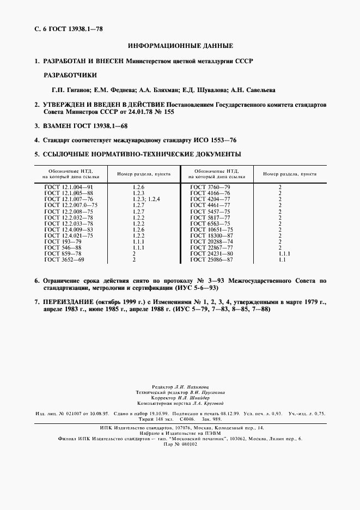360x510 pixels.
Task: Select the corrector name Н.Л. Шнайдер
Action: click(x=192, y=398)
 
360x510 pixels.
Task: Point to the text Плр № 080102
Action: click(x=180, y=444)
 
